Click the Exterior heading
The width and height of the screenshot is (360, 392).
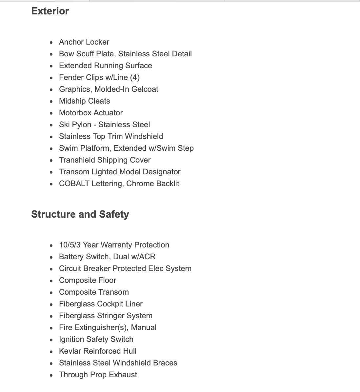pyautogui.click(x=50, y=11)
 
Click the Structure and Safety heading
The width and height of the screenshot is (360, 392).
pyautogui.click(x=80, y=214)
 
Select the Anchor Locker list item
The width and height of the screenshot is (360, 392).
pyautogui.click(x=84, y=42)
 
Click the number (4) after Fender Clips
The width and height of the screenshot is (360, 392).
pyautogui.click(x=135, y=77)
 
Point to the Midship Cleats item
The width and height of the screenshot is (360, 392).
pyautogui.click(x=84, y=101)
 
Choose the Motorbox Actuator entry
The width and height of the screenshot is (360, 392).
pyautogui.click(x=91, y=113)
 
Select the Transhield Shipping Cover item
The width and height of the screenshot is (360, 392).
pyautogui.click(x=105, y=160)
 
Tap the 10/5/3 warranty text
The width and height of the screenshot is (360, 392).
pyautogui.click(x=70, y=245)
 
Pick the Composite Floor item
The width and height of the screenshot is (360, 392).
pyautogui.click(x=88, y=280)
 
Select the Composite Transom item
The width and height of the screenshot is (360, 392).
pyautogui.click(x=94, y=292)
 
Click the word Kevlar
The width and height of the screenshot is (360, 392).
pyautogui.click(x=70, y=351)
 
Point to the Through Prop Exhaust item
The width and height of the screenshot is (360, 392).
pyautogui.click(x=98, y=375)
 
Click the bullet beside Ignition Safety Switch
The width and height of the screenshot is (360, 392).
pyautogui.click(x=51, y=340)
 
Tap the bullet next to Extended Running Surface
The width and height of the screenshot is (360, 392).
pyautogui.click(x=51, y=66)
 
